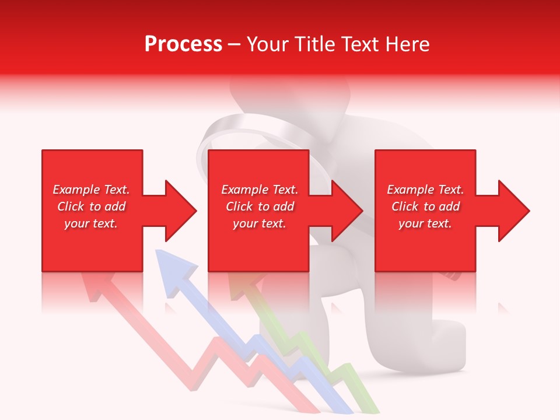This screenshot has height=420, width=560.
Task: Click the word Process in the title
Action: point(183,44)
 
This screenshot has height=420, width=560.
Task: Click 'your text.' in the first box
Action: point(90,223)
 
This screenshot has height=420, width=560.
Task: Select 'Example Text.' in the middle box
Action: point(260,190)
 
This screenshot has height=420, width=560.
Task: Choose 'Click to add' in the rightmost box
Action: point(426,206)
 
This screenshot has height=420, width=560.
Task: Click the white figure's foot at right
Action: point(449,350)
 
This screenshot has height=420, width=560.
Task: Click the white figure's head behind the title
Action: point(257,90)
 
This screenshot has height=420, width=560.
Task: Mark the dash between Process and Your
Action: point(234,44)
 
